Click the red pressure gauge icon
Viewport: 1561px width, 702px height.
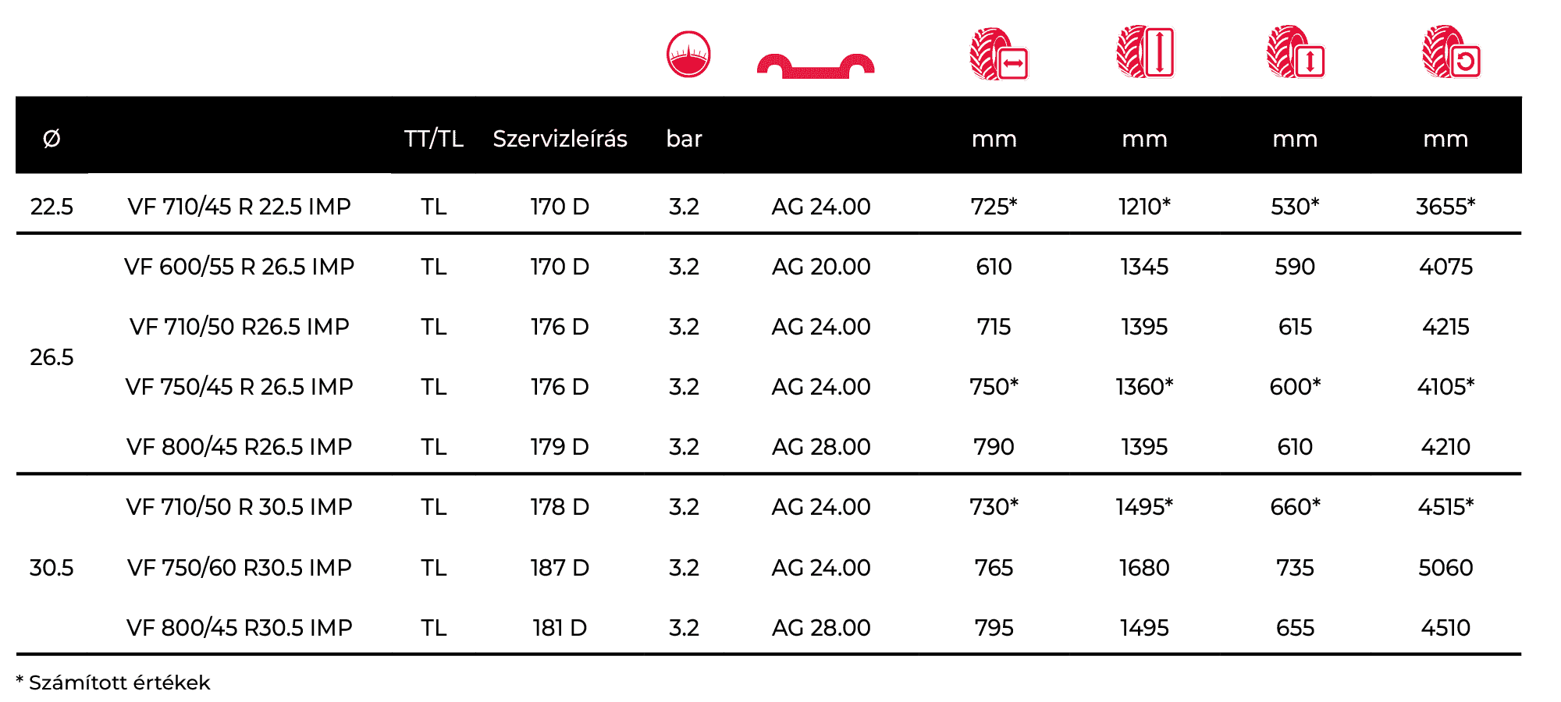pos(688,54)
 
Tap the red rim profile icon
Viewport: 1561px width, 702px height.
pos(815,67)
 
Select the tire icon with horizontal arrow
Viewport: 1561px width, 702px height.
pos(998,55)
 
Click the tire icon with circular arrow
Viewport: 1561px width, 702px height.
pos(1451,53)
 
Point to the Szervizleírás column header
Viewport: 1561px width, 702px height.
pos(560,139)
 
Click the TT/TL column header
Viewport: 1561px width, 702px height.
pos(434,139)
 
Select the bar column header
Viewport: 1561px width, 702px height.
pos(684,139)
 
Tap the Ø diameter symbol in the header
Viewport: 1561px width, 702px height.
pos(52,139)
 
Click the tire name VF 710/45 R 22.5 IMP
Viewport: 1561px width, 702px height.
pos(239,207)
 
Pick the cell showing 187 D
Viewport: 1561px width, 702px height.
pos(560,568)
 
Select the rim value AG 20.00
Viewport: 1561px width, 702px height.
pos(821,267)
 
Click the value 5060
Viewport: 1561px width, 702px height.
pos(1445,568)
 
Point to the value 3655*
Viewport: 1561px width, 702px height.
pos(1445,207)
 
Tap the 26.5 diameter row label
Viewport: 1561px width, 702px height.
pos(52,357)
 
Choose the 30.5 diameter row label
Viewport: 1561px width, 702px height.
pos(52,568)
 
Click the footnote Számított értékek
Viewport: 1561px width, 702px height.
pos(119,683)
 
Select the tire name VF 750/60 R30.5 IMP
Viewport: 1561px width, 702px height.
pos(239,568)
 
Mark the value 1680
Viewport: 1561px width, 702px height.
pos(1144,568)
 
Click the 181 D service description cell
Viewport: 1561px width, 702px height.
pos(560,628)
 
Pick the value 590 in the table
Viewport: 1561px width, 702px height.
pos(1295,267)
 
